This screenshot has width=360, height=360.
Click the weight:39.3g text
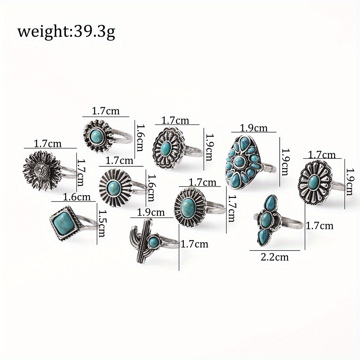tap(66, 32)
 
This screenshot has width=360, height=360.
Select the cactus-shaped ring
tap(154, 242)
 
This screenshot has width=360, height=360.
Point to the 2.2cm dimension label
tap(275, 257)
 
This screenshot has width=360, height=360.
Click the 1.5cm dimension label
tap(102, 224)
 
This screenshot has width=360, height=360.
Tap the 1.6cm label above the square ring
tap(77, 197)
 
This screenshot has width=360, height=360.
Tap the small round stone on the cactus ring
tap(153, 242)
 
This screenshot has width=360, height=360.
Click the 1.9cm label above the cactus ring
tap(151, 212)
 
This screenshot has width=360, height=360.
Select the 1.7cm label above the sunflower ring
tap(48, 144)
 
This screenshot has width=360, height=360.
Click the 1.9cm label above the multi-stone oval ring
tap(254, 128)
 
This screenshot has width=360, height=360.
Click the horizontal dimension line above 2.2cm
tap(275, 250)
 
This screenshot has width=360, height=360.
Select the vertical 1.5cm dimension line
tap(97, 224)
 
